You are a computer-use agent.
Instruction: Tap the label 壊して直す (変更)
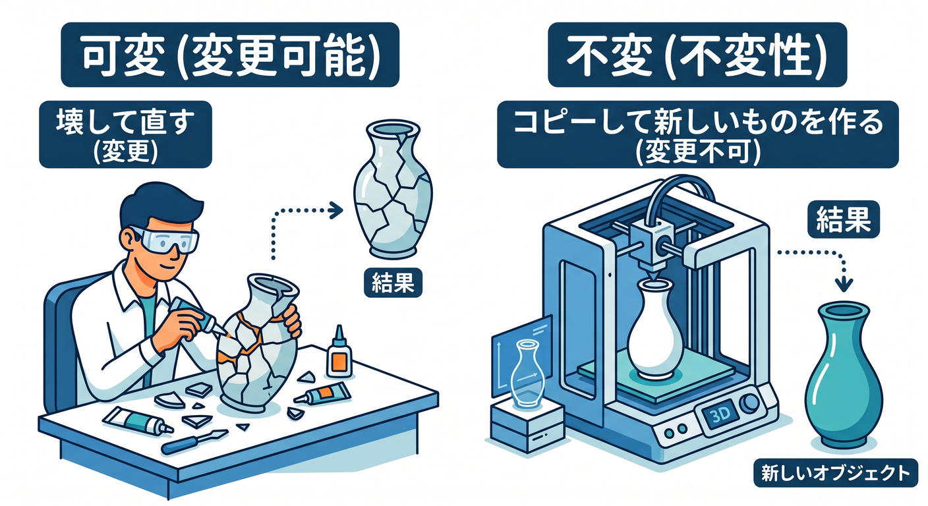click(125, 134)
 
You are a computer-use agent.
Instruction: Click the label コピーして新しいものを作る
click(698, 123)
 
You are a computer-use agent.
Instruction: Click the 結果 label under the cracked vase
click(393, 283)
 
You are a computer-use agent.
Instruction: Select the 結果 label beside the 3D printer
click(844, 219)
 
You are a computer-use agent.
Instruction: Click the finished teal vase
click(844, 375)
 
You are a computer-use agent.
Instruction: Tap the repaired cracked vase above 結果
click(393, 189)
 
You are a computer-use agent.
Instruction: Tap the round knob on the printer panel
click(751, 403)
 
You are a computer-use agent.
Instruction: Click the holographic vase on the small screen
click(527, 372)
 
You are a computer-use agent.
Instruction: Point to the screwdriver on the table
click(194, 441)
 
